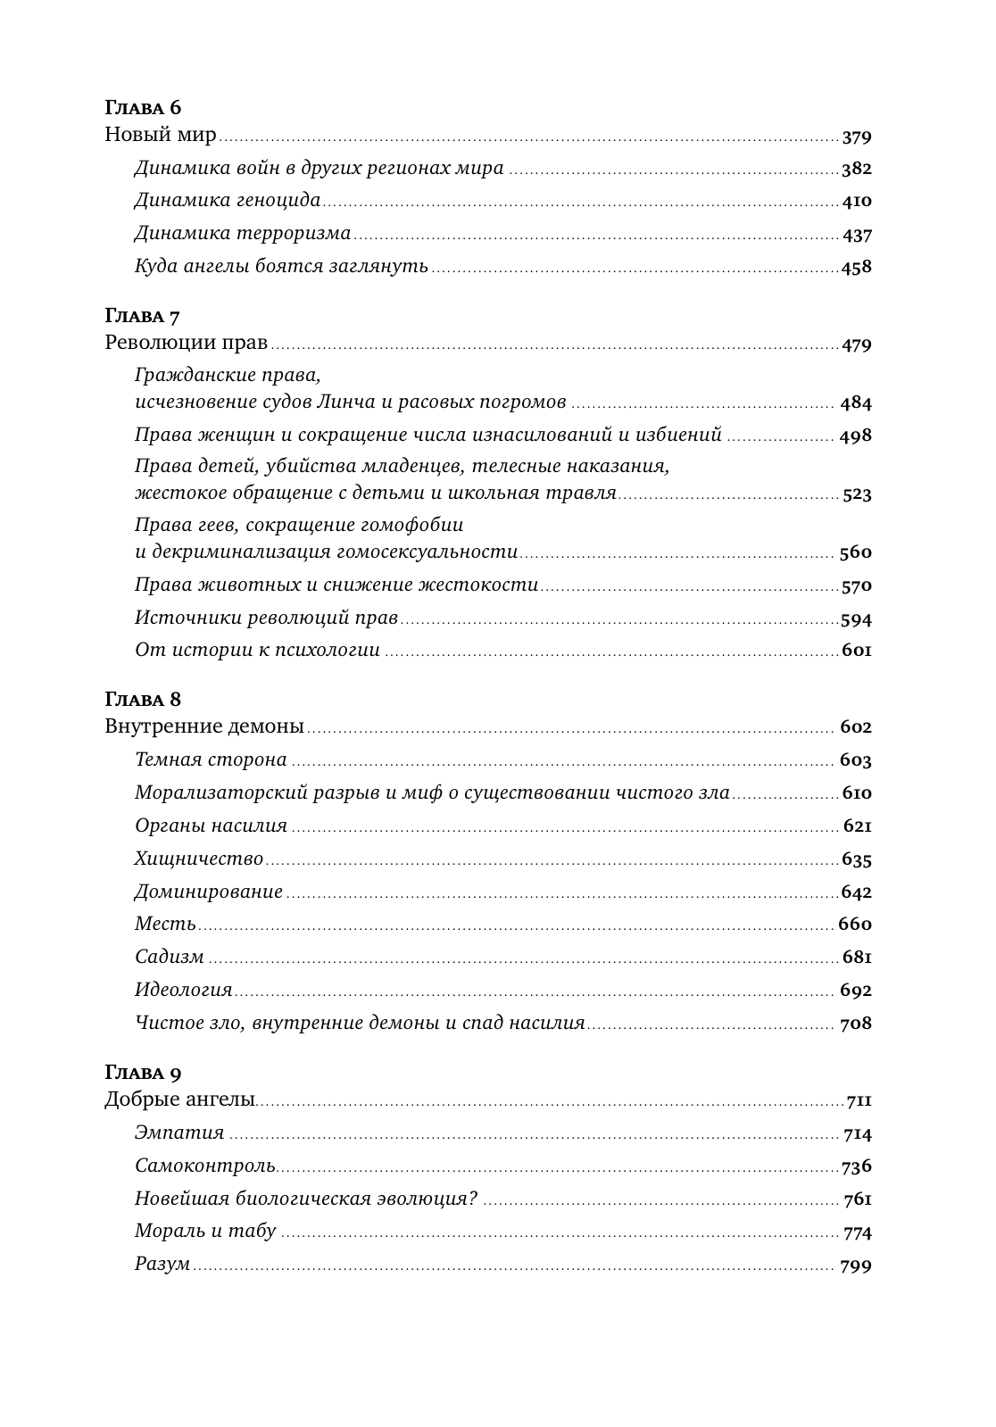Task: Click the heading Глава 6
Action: coord(143,108)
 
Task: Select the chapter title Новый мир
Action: coord(161,136)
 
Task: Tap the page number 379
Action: coord(857,137)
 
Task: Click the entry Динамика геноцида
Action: coord(228,201)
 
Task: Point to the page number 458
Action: coord(857,267)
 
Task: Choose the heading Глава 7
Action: coord(143,317)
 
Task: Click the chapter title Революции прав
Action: coord(186,344)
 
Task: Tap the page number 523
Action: coord(857,494)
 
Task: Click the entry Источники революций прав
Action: coord(266,618)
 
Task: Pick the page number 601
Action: coord(857,651)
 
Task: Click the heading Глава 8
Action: coord(143,699)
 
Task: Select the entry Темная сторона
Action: coord(211,759)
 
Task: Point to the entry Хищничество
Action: coord(199,859)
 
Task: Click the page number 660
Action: coord(855,925)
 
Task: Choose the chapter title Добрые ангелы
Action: coord(179,1099)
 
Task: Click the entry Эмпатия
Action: coord(179,1133)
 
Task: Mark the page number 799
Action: coord(855,1265)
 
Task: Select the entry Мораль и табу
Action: coord(205,1232)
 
